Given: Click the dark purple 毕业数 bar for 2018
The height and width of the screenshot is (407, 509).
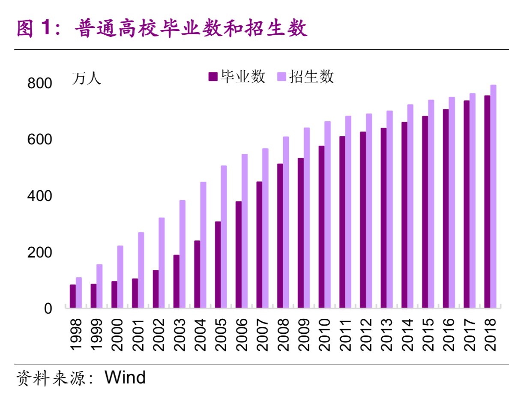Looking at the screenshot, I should [487, 201].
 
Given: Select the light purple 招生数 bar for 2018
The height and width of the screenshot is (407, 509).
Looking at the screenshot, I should [493, 196].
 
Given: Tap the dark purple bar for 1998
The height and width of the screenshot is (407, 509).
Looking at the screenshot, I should [73, 296].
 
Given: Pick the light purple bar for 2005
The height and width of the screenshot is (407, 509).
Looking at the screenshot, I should [224, 236].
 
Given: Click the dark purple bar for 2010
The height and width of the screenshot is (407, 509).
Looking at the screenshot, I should [321, 227].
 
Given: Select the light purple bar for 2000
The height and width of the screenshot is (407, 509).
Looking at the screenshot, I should [120, 276].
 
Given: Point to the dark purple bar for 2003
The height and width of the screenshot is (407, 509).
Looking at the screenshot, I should [176, 281].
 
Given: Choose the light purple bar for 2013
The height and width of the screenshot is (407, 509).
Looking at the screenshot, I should [389, 209].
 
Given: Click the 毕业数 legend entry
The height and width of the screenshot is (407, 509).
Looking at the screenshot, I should [237, 77].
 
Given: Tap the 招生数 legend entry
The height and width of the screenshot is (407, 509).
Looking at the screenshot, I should [305, 77].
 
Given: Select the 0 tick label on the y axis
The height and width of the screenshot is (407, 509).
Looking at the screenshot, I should [48, 308].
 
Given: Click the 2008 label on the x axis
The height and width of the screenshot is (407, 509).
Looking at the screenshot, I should [283, 335].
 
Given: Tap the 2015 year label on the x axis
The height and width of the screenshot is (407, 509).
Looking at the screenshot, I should [428, 335].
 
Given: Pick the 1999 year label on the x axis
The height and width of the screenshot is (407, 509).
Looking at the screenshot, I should [96, 335].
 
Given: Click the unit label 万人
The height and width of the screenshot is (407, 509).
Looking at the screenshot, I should [87, 79].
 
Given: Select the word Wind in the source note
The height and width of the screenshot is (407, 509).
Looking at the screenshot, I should [125, 377].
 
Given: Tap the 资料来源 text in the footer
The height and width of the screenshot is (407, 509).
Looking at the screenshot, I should [50, 378].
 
